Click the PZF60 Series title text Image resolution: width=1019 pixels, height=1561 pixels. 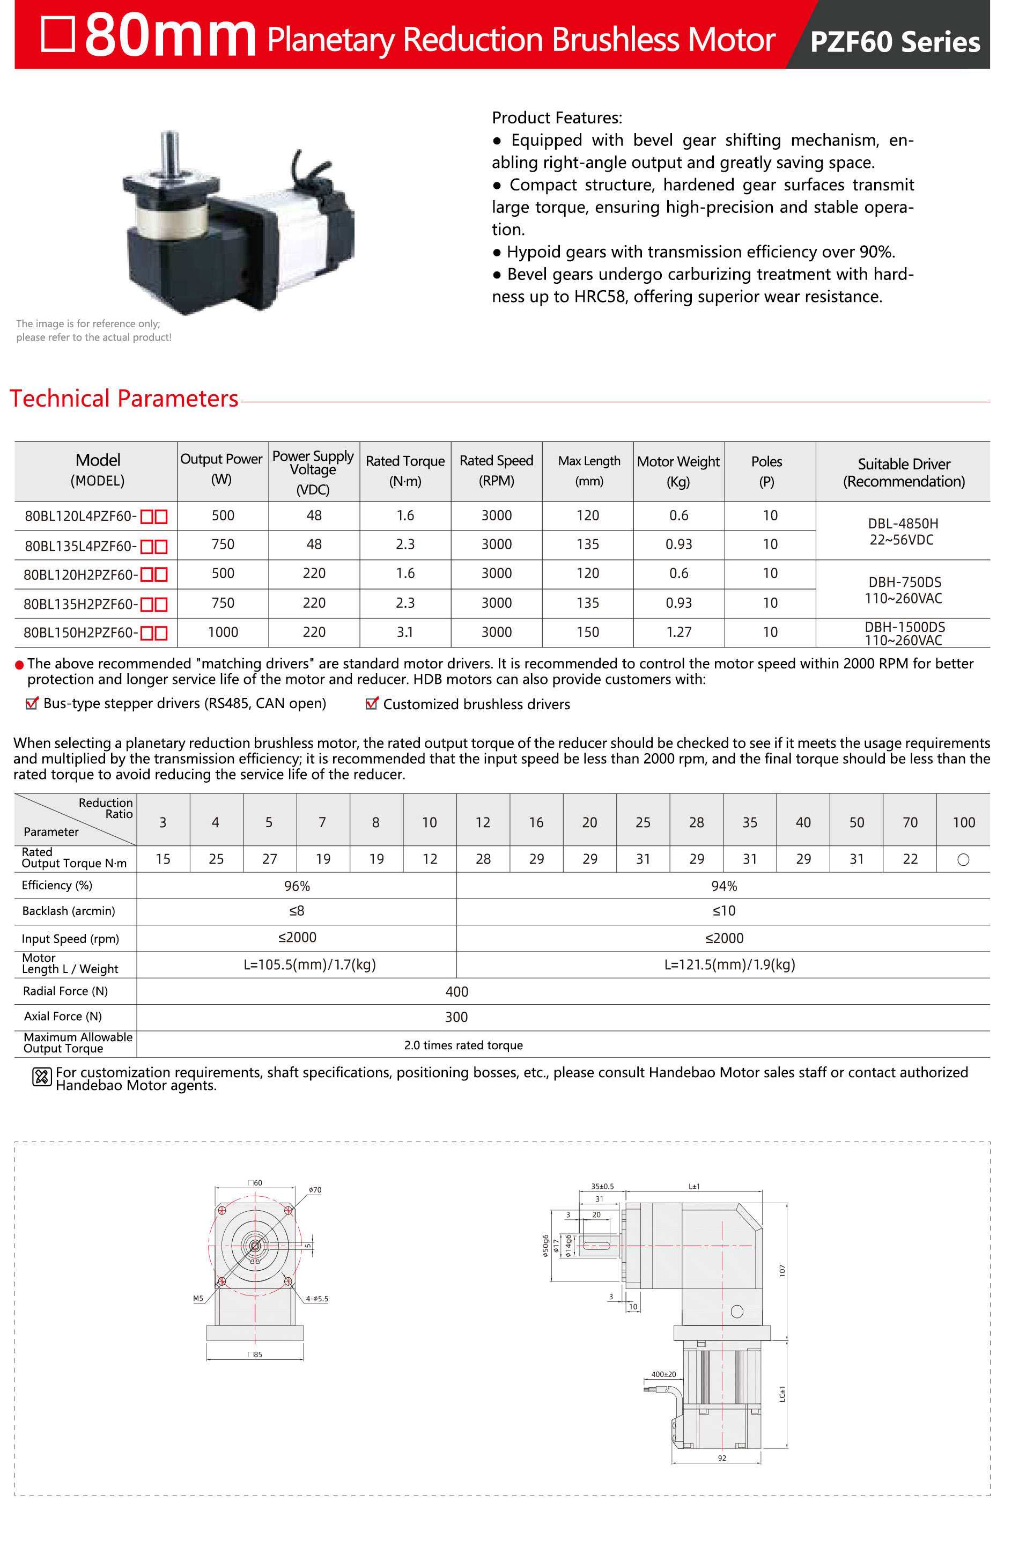895,41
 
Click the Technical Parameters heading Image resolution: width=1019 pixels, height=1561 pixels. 124,398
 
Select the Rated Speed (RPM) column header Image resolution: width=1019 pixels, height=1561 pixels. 497,470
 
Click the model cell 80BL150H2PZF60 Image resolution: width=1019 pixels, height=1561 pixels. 80,632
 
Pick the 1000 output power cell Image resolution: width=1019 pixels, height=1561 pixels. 223,632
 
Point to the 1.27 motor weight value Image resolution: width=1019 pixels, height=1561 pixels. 678,632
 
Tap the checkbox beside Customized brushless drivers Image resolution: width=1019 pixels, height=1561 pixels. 372,704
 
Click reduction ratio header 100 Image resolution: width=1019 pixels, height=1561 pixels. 963,822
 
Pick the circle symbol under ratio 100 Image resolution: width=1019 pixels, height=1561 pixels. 963,860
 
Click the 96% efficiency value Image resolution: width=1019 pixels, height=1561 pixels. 297,886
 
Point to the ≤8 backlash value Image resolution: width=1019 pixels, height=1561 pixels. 297,911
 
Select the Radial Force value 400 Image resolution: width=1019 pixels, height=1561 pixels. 456,992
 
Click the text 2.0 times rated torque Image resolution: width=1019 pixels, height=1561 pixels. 463,1045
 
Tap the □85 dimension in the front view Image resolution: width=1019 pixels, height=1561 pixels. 256,1354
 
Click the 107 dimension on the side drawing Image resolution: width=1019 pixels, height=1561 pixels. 781,1270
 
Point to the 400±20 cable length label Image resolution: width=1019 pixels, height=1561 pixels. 663,1374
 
